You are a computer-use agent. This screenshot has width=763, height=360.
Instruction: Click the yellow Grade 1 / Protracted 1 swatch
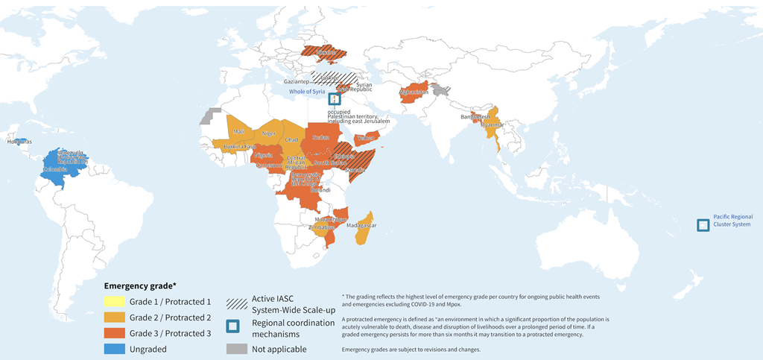115,302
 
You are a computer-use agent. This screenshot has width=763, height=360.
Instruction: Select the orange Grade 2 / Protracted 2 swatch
115,318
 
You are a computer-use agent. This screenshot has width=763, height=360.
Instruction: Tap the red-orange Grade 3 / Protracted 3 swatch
115,333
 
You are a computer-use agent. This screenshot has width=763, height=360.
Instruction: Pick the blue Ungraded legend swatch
115,348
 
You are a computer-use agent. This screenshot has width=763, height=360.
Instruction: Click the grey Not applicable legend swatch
235,348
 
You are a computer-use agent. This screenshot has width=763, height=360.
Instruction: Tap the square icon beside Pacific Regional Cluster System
703,224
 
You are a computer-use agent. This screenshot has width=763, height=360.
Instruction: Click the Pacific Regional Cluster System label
732,221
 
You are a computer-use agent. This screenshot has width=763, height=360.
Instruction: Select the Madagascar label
361,225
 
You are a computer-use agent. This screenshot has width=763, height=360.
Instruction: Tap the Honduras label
19,142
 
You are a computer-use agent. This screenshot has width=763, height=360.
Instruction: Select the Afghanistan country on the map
414,93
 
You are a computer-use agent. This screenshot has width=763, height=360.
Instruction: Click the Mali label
238,131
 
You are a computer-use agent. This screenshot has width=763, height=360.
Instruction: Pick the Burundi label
320,190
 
